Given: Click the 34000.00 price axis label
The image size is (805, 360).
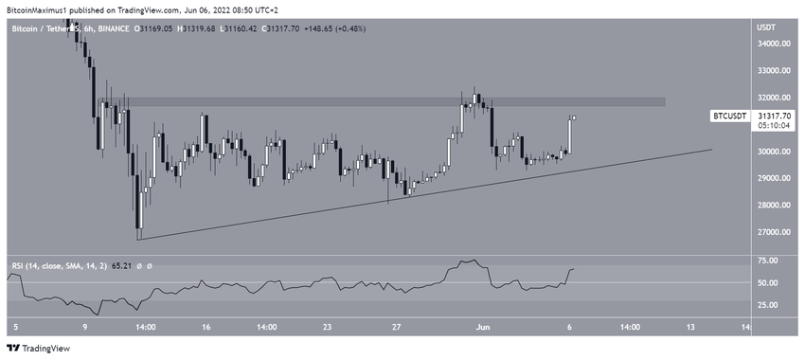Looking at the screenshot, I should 774,44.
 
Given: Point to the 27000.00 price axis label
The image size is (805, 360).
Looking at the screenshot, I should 774,232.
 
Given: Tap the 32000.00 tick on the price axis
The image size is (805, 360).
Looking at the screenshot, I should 774,98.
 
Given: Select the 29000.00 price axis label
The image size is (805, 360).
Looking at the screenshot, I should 774,178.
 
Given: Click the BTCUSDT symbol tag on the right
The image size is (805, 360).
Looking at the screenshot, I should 729,116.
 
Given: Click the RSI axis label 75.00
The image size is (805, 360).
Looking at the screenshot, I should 767,261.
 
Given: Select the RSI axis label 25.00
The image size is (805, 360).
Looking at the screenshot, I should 767,305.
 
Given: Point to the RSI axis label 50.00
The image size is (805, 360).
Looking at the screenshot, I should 767,283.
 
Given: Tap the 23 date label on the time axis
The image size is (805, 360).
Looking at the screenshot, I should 327,328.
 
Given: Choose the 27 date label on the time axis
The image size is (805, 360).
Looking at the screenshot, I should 398,328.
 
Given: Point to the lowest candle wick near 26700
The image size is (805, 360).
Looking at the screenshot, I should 138,234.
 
